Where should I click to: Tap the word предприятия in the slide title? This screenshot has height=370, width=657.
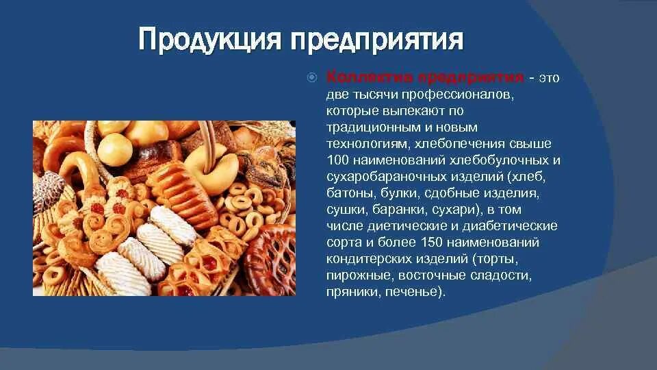click(x=377, y=40)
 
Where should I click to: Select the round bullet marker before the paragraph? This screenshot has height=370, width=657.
click(x=311, y=77)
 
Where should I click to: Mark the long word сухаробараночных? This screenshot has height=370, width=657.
click(x=388, y=177)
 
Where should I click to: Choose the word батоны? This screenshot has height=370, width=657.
click(x=348, y=193)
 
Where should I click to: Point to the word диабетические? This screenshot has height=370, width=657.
click(x=515, y=226)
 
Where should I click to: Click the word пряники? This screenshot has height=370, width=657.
click(x=350, y=292)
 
